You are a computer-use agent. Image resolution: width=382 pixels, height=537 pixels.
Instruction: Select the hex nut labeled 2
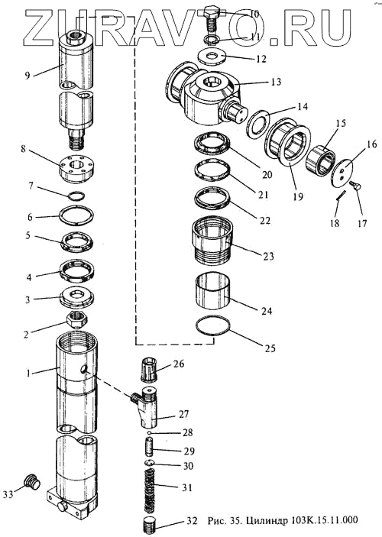point(76,319)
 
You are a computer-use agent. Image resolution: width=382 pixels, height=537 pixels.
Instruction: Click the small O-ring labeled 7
point(76,196)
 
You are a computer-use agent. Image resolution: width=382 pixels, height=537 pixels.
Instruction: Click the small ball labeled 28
point(150,434)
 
